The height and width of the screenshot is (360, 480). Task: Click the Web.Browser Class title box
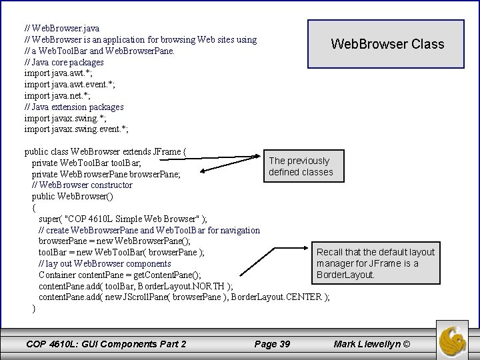point(387,45)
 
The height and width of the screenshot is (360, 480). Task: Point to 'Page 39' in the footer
point(272,344)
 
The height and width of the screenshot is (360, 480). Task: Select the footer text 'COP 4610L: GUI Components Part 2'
point(105,344)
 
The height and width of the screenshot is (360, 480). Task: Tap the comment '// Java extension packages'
point(74,107)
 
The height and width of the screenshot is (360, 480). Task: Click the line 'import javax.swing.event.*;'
point(76,129)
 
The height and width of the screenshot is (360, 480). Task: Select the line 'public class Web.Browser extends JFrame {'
point(105,151)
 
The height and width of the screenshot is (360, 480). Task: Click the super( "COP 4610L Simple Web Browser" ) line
point(123,219)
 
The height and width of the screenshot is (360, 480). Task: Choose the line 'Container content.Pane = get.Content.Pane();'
point(121,275)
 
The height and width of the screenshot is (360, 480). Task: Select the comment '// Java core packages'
point(64,62)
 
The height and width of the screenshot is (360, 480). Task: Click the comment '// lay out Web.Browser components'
point(105,263)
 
